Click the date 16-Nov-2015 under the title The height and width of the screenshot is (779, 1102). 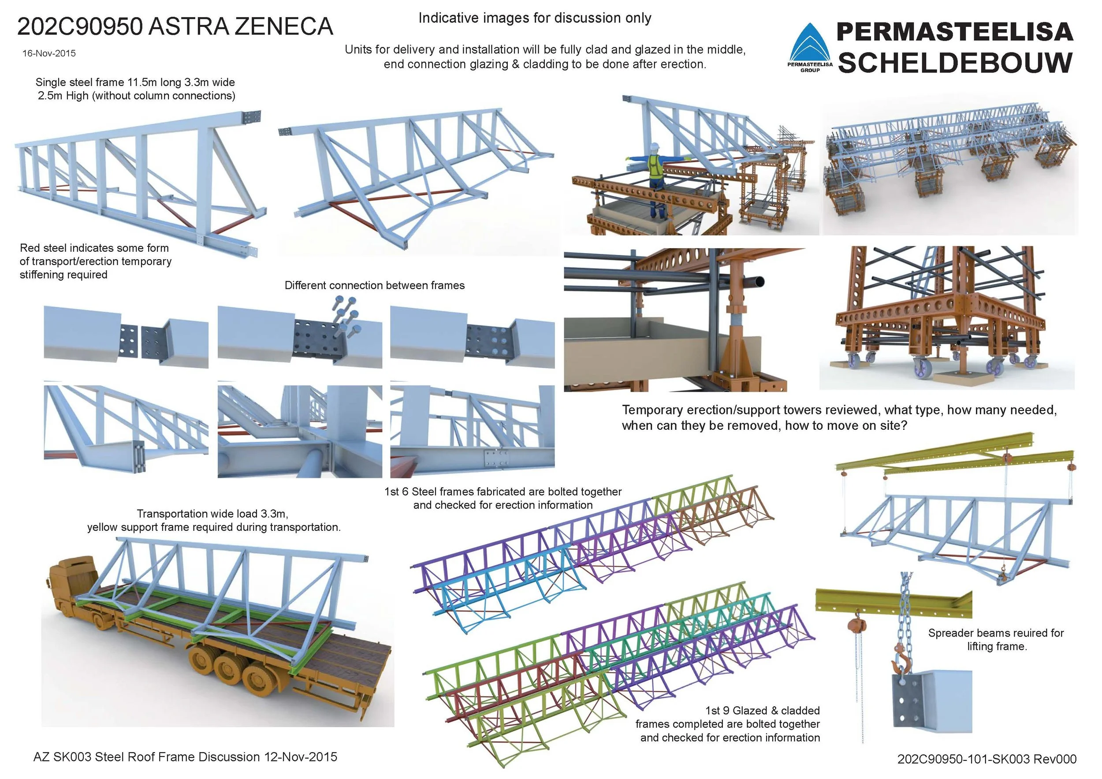click(x=49, y=53)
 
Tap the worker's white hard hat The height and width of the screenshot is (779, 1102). click(x=655, y=146)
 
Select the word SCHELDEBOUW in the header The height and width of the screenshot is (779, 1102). click(x=955, y=63)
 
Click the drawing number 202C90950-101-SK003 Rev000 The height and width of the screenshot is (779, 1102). click(x=987, y=759)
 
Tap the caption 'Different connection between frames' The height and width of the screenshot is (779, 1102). click(x=374, y=286)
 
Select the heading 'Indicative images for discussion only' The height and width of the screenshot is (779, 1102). click(x=535, y=18)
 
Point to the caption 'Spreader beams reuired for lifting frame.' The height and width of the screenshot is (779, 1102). click(x=996, y=639)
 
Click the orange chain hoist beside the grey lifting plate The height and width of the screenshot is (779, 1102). click(x=853, y=626)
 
